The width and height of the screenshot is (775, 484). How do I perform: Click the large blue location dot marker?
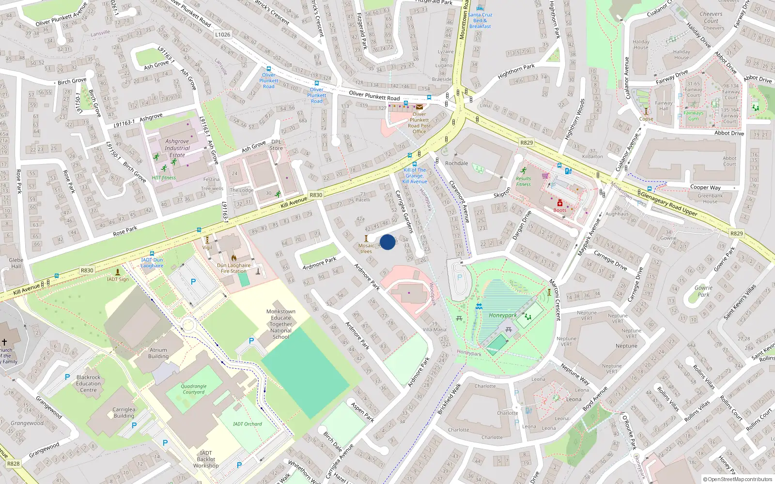(x=387, y=242)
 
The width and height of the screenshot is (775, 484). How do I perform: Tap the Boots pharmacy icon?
(x=559, y=203)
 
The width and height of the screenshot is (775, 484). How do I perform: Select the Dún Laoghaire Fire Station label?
(x=233, y=268)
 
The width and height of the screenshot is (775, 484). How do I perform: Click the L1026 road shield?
(x=223, y=35)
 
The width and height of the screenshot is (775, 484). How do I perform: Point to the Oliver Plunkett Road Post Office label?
(x=419, y=123)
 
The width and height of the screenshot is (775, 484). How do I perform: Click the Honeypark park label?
(x=502, y=315)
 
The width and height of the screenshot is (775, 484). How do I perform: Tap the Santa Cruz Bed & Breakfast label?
(x=480, y=20)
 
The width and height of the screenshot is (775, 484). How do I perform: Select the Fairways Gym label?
(x=693, y=116)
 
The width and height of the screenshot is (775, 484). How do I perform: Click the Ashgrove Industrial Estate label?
(x=177, y=148)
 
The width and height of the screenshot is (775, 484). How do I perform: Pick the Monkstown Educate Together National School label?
(x=280, y=324)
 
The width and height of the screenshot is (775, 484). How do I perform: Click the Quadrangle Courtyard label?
(x=194, y=389)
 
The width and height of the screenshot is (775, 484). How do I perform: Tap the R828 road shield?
(x=14, y=464)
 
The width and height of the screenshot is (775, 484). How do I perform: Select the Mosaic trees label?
(x=366, y=248)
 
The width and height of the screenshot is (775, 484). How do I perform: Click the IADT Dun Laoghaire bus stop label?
(x=152, y=263)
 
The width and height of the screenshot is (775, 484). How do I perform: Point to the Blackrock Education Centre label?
(x=88, y=383)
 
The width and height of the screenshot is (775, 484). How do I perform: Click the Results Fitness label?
(x=523, y=181)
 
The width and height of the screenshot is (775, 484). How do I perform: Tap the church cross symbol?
(x=4, y=342)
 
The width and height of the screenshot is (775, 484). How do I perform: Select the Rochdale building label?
(x=456, y=163)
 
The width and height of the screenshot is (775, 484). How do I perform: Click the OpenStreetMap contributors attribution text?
(x=737, y=480)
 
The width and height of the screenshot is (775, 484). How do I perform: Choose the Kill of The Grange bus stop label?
(x=415, y=176)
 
